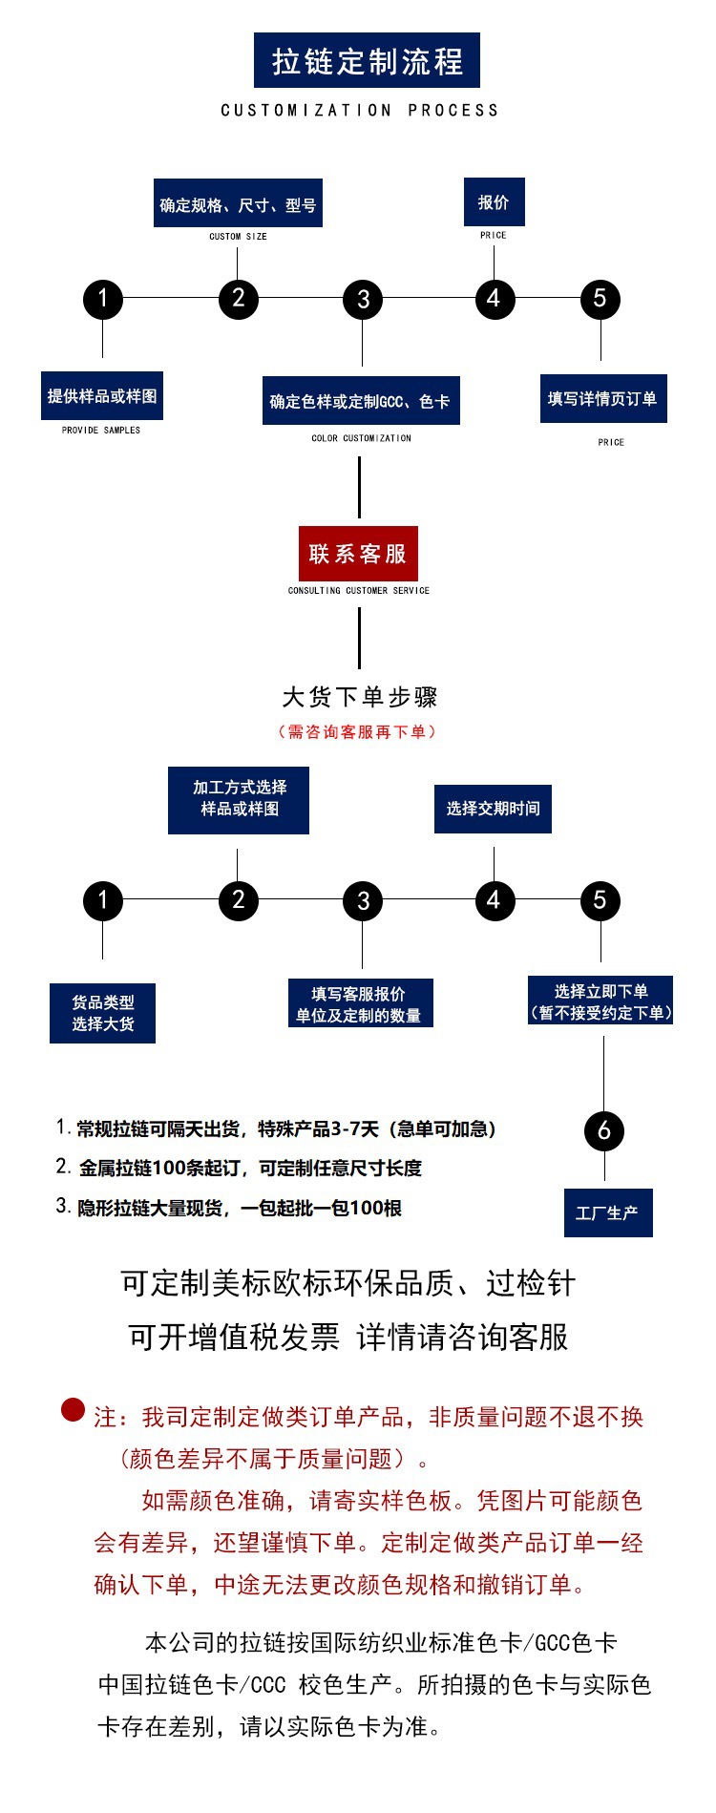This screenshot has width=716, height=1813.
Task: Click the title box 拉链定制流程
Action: (367, 60)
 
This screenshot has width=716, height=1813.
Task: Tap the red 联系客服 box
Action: (358, 554)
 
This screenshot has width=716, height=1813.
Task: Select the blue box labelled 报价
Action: (494, 202)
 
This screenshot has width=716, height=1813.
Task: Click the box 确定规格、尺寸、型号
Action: (238, 203)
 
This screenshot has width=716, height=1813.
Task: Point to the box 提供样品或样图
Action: (102, 395)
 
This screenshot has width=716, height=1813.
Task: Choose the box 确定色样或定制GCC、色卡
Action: (361, 401)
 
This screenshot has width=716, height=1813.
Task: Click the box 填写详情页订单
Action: (602, 399)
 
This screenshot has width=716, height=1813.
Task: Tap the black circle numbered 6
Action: (603, 1131)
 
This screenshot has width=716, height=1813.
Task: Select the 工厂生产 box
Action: (608, 1213)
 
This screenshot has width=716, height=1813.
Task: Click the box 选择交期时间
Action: (493, 809)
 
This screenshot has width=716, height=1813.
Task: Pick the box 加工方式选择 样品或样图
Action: (239, 799)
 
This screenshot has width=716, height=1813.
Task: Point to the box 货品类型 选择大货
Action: (102, 1013)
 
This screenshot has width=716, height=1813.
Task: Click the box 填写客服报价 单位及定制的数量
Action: (360, 1003)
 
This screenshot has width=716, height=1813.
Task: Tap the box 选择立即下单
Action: (600, 1001)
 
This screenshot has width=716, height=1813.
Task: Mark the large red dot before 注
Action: (74, 1409)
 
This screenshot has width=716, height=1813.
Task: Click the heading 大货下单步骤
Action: (359, 697)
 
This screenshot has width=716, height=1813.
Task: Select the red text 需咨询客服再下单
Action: (357, 732)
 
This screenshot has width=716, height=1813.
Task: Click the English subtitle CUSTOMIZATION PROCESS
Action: (359, 111)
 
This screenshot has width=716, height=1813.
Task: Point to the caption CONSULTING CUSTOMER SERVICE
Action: (359, 591)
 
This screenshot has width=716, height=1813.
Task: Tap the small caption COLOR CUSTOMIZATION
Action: (361, 438)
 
